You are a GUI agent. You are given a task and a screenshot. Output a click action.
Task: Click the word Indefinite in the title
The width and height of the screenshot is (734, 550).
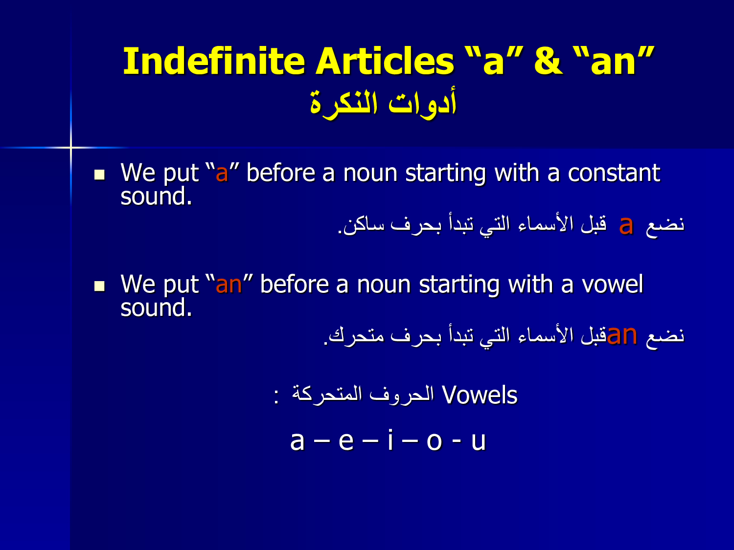click(x=214, y=61)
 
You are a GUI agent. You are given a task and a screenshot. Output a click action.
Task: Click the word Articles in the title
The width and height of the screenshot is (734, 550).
click(x=385, y=61)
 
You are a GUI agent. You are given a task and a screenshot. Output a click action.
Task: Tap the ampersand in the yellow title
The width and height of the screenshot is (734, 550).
click(x=549, y=61)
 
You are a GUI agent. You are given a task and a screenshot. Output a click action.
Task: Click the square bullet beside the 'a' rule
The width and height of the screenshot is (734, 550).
click(x=100, y=175)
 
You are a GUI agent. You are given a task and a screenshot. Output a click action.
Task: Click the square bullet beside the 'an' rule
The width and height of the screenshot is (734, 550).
click(x=100, y=286)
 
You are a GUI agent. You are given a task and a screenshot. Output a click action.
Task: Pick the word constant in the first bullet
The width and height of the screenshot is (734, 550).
click(x=614, y=173)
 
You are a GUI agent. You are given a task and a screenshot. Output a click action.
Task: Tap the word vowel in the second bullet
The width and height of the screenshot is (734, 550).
click(x=612, y=285)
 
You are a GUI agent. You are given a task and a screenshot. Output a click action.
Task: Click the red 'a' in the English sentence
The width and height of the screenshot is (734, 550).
click(x=222, y=174)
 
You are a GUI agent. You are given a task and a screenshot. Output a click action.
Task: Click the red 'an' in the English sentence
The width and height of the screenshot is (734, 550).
click(x=229, y=286)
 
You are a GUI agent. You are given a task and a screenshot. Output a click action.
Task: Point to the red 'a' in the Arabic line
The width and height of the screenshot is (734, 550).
click(x=626, y=225)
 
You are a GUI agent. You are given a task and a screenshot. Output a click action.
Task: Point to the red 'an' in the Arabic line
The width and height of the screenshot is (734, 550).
click(x=622, y=335)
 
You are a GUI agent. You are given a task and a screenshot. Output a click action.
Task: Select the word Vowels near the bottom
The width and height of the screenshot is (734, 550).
click(x=480, y=395)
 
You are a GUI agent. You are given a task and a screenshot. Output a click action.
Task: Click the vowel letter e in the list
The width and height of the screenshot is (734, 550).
click(x=346, y=441)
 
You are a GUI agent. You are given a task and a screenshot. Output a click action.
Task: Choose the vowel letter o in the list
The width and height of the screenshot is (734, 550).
click(x=435, y=441)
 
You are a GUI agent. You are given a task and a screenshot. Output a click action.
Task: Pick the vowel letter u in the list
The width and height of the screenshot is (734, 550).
click(x=479, y=442)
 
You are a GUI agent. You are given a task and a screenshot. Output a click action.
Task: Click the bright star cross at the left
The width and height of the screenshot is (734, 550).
click(x=71, y=147)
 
